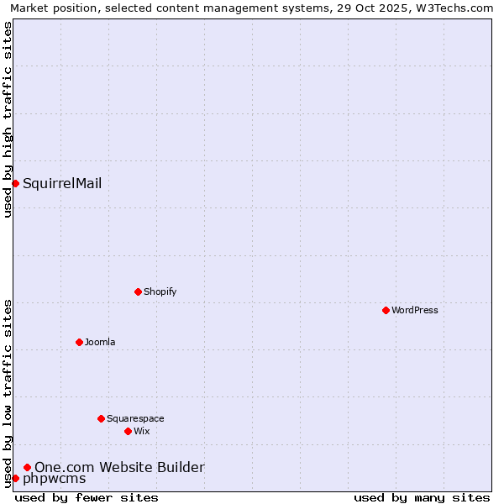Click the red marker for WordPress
pyautogui.click(x=386, y=310)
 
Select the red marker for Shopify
pyautogui.click(x=138, y=291)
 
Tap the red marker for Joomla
pyautogui.click(x=79, y=342)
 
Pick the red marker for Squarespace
pyautogui.click(x=101, y=418)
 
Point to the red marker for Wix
pyautogui.click(x=128, y=431)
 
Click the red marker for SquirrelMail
pyautogui.click(x=15, y=183)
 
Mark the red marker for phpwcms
pyautogui.click(x=15, y=478)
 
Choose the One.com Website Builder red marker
pyautogui.click(x=27, y=467)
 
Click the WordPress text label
pyautogui.click(x=414, y=310)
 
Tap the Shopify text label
pyautogui.click(x=160, y=291)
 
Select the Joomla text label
pyautogui.click(x=100, y=342)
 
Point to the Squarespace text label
pyautogui.click(x=135, y=418)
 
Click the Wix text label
pyautogui.click(x=141, y=431)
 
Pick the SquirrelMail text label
pyautogui.click(x=62, y=183)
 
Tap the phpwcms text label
pyautogui.click(x=54, y=479)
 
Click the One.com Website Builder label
pyautogui.click(x=119, y=467)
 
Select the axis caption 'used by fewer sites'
pyautogui.click(x=87, y=497)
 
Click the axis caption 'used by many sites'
pyautogui.click(x=422, y=497)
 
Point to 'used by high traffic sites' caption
pyautogui.click(x=8, y=119)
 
